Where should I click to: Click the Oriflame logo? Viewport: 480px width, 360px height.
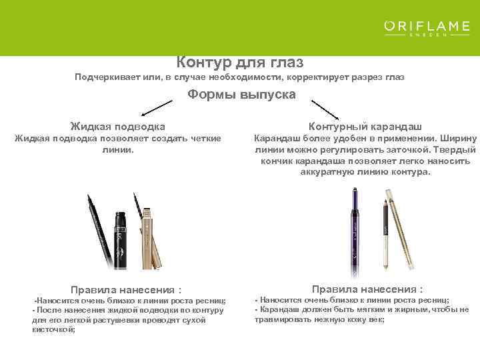click(x=427, y=29)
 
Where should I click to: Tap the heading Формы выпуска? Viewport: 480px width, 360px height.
click(x=241, y=95)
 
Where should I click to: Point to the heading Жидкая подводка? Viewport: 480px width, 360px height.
click(x=118, y=126)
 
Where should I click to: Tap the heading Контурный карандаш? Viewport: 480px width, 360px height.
click(x=365, y=126)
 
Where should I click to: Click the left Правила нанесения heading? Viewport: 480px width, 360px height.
click(x=126, y=290)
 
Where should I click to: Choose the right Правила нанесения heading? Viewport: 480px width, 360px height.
click(x=367, y=289)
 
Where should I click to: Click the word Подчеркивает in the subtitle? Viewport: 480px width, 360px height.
click(x=110, y=77)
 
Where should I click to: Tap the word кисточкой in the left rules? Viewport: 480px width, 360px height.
click(x=54, y=329)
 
